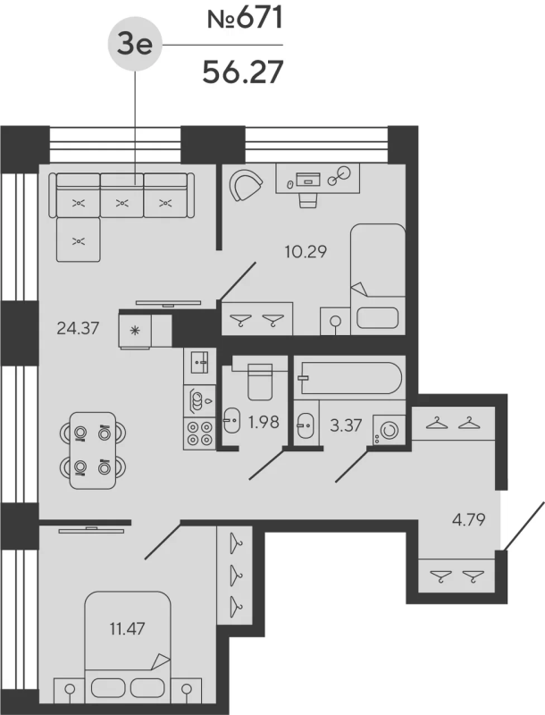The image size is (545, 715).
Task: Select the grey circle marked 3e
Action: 135,46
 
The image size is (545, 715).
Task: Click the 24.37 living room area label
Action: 77,328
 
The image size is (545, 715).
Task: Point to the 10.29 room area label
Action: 300,252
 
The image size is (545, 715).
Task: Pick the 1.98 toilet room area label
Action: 264,421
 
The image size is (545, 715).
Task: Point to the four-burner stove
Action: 199,433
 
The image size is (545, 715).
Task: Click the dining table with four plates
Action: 93,450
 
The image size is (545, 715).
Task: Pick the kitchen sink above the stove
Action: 199,362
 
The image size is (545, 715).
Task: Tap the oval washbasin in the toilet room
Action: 232,419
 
